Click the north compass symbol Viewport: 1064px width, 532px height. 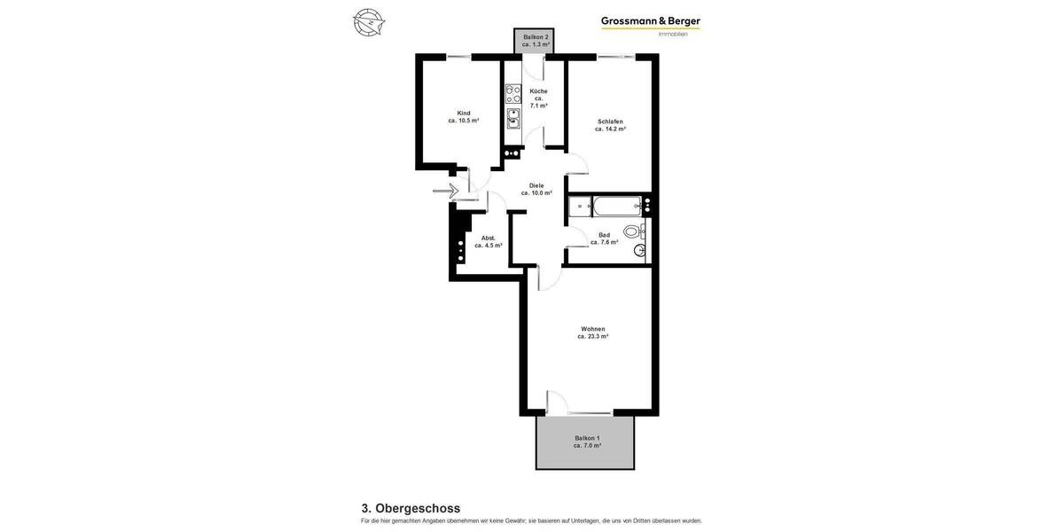(x=369, y=22)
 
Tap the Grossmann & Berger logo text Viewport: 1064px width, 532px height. (x=650, y=21)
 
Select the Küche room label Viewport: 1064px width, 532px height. (x=538, y=91)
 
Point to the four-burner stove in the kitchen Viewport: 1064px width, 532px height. (x=513, y=94)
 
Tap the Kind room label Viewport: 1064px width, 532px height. (x=464, y=113)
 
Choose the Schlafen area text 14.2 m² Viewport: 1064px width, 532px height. (x=610, y=129)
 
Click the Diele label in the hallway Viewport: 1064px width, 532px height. (x=536, y=185)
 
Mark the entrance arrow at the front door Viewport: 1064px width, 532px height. (x=444, y=191)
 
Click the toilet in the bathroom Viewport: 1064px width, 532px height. (x=632, y=231)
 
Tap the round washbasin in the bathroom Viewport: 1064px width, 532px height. (x=638, y=251)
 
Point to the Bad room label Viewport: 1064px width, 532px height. (x=604, y=235)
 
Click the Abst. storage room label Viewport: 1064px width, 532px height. (x=488, y=238)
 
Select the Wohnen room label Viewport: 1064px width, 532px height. (x=592, y=329)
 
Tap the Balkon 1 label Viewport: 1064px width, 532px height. (x=587, y=438)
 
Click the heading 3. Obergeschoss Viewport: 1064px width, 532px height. (x=411, y=508)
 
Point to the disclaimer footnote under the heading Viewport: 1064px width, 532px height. (x=531, y=521)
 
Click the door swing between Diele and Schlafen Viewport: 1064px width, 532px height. (x=576, y=163)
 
